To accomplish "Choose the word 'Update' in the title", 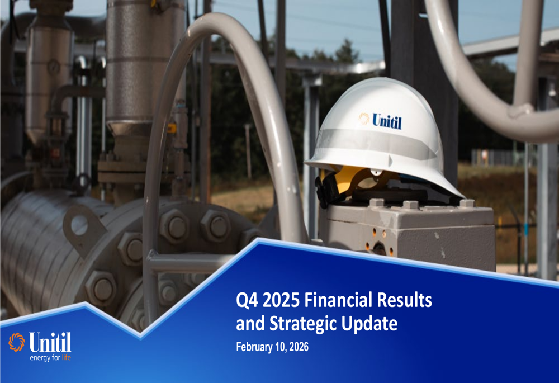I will (371, 323).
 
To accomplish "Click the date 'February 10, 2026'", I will (272, 347).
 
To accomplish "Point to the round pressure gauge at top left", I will (54, 67).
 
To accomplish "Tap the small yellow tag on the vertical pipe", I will (172, 128).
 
